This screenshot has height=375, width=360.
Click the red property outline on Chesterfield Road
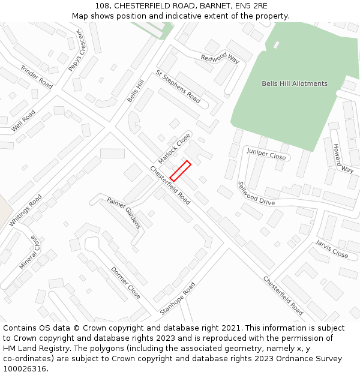pyautogui.click(x=181, y=170)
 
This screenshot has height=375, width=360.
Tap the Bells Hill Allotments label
pyautogui.click(x=295, y=83)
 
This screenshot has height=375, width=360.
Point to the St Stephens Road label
pyautogui.click(x=178, y=86)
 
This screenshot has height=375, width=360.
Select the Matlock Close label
pyautogui.click(x=174, y=148)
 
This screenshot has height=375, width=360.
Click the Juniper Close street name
pyautogui.click(x=266, y=155)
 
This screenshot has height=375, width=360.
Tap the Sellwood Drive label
pyautogui.click(x=256, y=193)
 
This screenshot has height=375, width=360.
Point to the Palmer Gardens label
pyautogui.click(x=124, y=212)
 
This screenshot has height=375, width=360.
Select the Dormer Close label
pyautogui.click(x=125, y=283)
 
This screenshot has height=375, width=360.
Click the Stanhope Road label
pyautogui.click(x=178, y=299)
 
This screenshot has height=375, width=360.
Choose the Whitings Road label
pyautogui.click(x=26, y=209)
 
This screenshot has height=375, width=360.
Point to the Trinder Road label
pyautogui.click(x=37, y=77)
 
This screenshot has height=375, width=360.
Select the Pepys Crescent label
pyautogui.click(x=77, y=53)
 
